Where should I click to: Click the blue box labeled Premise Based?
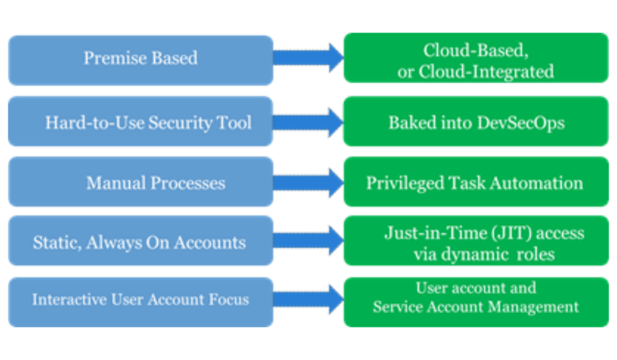click(140, 58)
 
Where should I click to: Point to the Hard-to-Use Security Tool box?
click(140, 123)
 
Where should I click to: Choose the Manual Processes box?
click(140, 183)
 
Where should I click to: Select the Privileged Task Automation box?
click(475, 183)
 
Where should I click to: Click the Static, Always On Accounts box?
click(140, 242)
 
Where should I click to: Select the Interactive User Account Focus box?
click(140, 300)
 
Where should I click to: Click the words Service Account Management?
click(475, 308)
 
